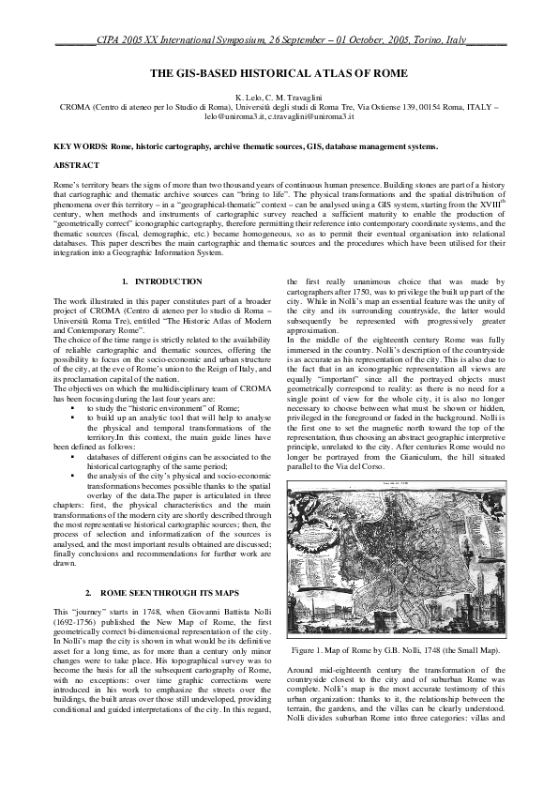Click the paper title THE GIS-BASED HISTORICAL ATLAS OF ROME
[279, 72]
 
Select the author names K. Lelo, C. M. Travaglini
[279, 98]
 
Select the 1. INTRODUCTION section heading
[162, 281]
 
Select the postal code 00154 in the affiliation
[428, 107]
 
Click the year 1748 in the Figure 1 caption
[432, 649]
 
